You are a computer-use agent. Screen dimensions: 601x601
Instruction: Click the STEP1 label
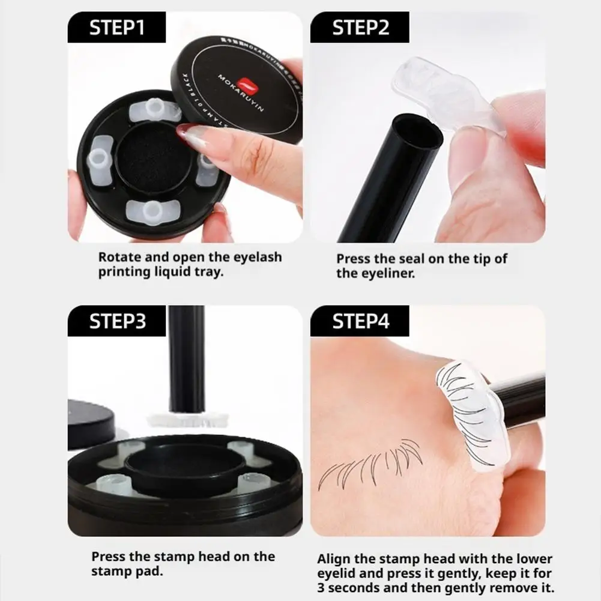click(116, 28)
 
